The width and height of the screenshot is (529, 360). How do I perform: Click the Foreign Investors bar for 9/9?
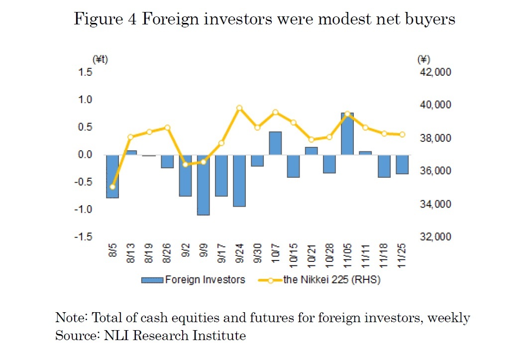tap(203, 185)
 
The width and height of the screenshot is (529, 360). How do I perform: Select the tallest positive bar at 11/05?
tap(347, 133)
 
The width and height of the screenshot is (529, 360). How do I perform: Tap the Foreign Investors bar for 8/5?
tap(112, 176)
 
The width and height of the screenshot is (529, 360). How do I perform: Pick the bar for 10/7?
tap(275, 143)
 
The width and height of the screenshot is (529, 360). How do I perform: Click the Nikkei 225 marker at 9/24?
tap(239, 108)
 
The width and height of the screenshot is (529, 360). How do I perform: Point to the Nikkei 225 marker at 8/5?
tap(112, 187)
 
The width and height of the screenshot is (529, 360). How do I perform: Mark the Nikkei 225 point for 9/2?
tap(185, 164)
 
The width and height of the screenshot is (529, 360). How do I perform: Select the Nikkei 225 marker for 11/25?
tap(402, 134)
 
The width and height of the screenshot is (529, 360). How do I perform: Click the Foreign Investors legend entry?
tap(194, 280)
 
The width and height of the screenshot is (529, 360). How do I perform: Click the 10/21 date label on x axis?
tap(312, 254)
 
